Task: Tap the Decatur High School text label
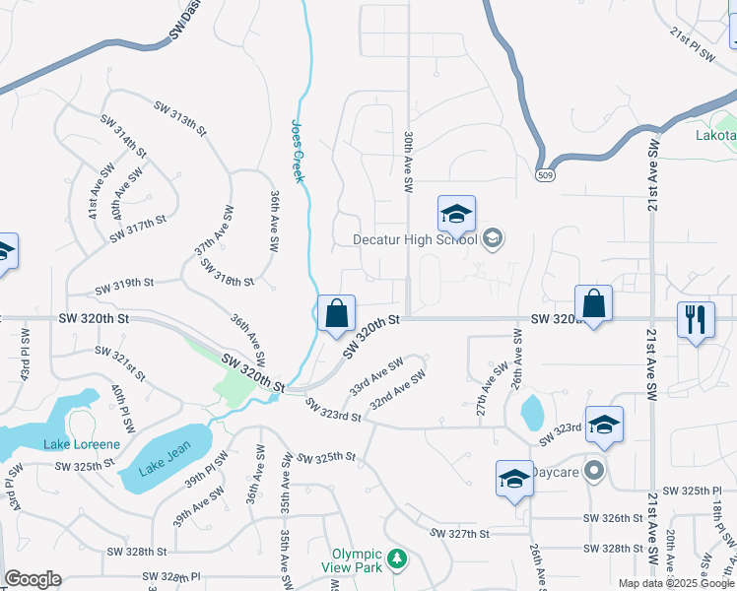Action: [x=416, y=239]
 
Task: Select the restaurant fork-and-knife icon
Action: [x=696, y=319]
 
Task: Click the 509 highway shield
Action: [x=545, y=174]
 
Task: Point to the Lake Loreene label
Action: [x=81, y=444]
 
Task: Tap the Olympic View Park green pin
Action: [x=396, y=559]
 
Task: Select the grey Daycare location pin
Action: [x=592, y=471]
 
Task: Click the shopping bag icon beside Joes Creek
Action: [x=337, y=314]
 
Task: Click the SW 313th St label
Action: [x=181, y=117]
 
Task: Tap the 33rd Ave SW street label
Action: [x=376, y=371]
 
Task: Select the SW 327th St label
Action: [x=460, y=533]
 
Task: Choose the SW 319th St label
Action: [x=125, y=289]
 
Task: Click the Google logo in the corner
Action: [x=33, y=578]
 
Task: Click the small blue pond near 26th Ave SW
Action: [x=531, y=412]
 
